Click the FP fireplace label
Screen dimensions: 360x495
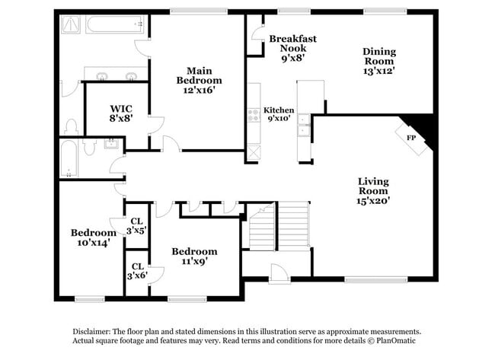click(x=410, y=138)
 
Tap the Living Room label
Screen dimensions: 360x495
click(x=374, y=186)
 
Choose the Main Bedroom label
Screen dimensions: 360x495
click(x=199, y=78)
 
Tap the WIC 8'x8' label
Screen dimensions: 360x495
click(x=121, y=114)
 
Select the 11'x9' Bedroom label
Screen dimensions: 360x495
click(x=194, y=256)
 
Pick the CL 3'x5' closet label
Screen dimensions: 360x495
click(x=137, y=225)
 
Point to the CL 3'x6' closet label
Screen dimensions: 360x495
click(x=137, y=271)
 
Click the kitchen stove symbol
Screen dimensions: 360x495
click(x=253, y=115)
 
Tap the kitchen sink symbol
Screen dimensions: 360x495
click(x=304, y=125)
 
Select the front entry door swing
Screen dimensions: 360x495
click(x=278, y=271)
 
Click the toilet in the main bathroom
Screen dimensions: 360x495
click(x=72, y=125)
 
